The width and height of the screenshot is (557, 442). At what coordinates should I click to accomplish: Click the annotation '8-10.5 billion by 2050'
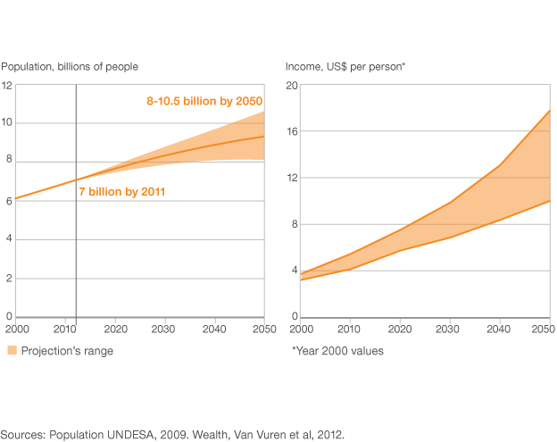coord(204,102)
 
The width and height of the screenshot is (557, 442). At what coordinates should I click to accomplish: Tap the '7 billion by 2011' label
coord(123,191)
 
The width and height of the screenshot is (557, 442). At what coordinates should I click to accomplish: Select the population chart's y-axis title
coord(70,66)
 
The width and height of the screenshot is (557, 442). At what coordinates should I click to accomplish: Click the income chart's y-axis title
coord(345,66)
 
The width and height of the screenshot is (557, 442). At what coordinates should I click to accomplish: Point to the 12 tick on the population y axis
coord(7,86)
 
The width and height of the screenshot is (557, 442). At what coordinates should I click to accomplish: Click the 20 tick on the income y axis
coord(291,86)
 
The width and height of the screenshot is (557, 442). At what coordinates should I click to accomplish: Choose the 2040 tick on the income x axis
coord(500,329)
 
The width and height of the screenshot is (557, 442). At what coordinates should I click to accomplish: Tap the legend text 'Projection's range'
coord(67,351)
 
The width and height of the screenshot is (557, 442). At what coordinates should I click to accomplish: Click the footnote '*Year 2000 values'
coord(337,351)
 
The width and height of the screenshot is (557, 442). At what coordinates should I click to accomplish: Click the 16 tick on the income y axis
coord(291,131)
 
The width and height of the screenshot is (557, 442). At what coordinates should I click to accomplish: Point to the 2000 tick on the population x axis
coord(14,329)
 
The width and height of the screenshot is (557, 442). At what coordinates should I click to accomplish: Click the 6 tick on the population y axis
coord(7,201)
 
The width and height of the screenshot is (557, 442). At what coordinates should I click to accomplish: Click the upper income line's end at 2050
coord(549,111)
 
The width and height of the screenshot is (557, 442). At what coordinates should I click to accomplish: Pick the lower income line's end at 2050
coord(549,201)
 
